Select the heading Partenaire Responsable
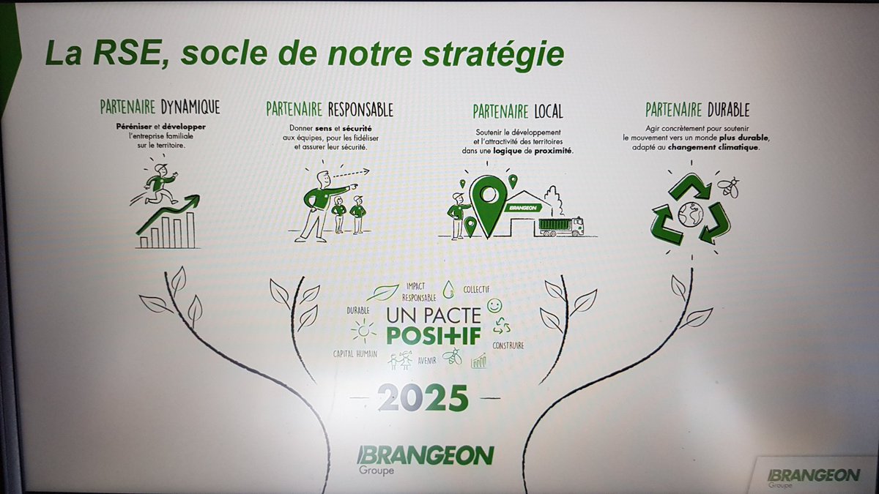coord(330,110)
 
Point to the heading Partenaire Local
coord(517,111)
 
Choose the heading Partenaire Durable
coord(697,110)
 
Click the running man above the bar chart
coord(156,184)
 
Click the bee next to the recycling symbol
coord(728,185)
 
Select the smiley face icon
coord(494,304)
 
